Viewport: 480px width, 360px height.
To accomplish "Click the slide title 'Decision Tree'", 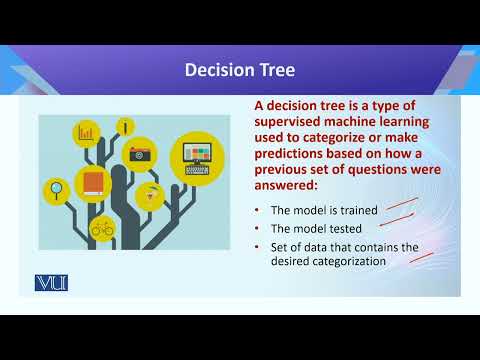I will point(239,70).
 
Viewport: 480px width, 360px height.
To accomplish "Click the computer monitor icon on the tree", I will point(197,159).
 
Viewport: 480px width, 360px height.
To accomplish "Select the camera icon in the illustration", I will point(140,154).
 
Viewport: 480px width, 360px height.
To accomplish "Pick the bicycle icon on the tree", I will point(102,228).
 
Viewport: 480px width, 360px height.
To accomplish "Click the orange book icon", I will point(93,183).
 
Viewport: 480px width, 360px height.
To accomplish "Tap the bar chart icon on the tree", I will point(86,133).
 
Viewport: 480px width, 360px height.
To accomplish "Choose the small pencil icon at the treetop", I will point(124,126).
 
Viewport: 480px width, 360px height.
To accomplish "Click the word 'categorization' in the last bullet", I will point(352,261).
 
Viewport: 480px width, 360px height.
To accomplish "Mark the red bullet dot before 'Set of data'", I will point(259,247).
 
